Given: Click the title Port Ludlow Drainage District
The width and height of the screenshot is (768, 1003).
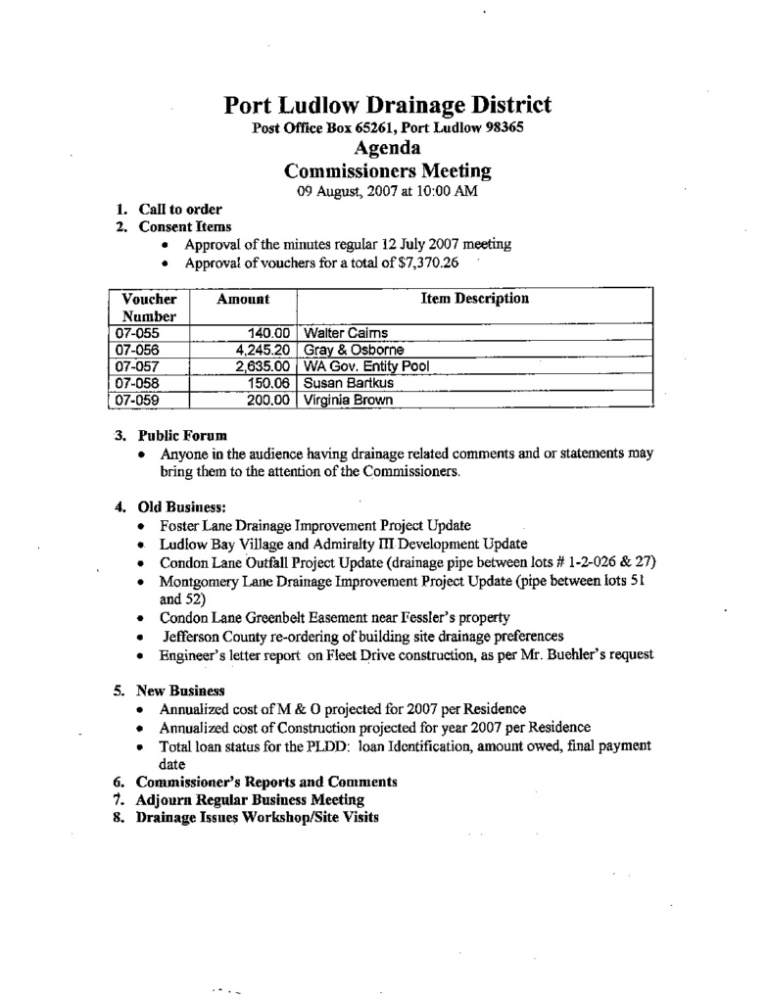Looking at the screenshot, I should tap(387, 105).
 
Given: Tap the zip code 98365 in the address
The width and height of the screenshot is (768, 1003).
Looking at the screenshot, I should tap(503, 129).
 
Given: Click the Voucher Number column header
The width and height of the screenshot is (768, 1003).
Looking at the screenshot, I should tap(149, 308).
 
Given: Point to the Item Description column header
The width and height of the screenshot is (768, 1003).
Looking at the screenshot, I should tap(474, 299).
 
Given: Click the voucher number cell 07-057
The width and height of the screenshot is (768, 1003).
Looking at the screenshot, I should tap(137, 366).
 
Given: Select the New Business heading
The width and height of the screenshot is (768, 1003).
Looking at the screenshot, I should tap(181, 691).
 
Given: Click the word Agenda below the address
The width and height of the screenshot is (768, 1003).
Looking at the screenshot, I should tap(386, 149).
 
